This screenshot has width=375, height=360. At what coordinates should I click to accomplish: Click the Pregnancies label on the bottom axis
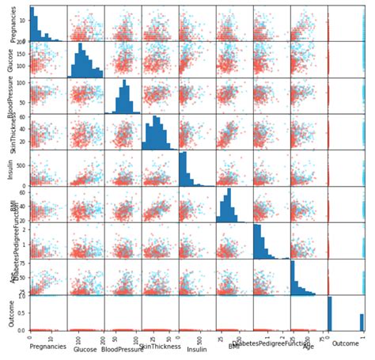[47, 347]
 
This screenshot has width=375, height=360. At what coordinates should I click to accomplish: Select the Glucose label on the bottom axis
[85, 347]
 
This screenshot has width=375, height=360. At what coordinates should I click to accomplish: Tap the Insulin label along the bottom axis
[196, 347]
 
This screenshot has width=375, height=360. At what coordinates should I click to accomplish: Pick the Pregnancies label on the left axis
[9, 24]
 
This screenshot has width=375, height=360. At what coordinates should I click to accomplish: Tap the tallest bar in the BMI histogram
[229, 205]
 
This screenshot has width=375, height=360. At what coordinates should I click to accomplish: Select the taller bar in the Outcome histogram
[330, 313]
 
